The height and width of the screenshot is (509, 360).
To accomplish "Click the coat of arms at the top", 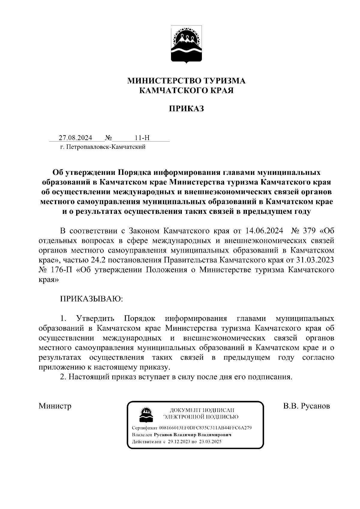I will [186, 45].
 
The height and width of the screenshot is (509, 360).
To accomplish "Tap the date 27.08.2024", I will [75, 138].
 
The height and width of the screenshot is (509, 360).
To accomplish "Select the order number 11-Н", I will [142, 138].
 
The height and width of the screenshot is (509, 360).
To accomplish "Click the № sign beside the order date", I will [108, 138].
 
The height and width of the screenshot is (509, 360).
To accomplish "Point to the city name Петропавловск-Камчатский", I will [106, 147].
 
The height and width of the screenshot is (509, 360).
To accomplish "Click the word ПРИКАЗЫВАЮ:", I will [91, 299].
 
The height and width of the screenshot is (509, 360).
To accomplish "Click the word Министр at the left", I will [55, 406].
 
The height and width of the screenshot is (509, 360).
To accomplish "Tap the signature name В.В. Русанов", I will [307, 406].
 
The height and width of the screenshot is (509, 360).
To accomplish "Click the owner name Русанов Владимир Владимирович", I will [192, 435].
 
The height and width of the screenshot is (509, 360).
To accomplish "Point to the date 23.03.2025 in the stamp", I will [210, 442].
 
